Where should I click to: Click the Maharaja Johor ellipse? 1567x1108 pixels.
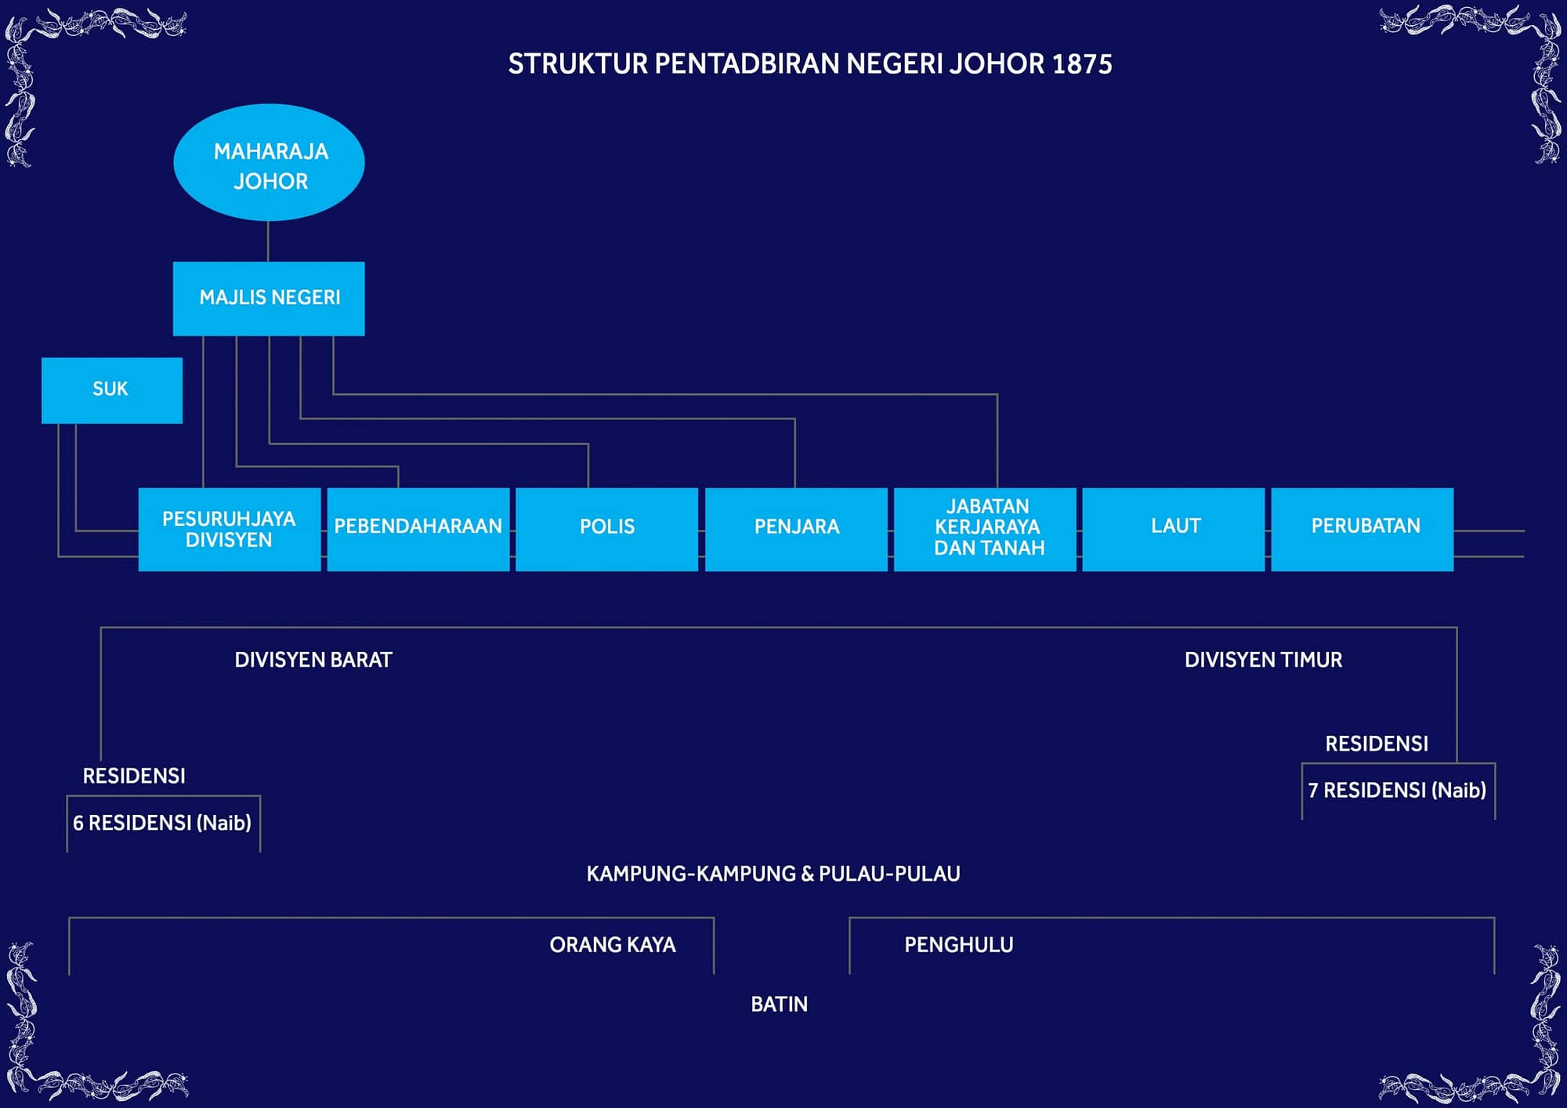[269, 162]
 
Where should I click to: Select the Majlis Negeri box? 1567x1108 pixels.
[269, 299]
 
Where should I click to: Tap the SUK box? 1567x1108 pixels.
[112, 390]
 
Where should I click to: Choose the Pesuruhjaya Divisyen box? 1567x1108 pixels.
[230, 530]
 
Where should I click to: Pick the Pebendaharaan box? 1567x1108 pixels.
[418, 530]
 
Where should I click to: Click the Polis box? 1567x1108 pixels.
[607, 530]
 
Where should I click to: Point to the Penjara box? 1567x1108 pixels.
[796, 530]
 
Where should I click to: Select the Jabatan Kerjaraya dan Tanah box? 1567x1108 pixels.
[985, 530]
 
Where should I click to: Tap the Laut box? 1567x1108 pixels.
[1174, 530]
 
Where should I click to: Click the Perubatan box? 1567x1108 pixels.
[1363, 530]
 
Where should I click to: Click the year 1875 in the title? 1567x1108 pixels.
[1082, 64]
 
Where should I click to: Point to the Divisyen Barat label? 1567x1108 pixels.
[313, 660]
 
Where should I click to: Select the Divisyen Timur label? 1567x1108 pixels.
[1263, 660]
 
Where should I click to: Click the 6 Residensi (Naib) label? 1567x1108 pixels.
[162, 823]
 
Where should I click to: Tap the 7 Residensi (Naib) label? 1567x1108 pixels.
[1397, 790]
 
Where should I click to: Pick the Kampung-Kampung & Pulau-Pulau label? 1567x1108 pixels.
[773, 874]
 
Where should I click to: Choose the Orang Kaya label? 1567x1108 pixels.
[613, 945]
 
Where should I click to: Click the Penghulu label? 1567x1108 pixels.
[959, 945]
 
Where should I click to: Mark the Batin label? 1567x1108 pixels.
[779, 1005]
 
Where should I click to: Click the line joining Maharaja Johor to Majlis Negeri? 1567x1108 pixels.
[268, 241]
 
